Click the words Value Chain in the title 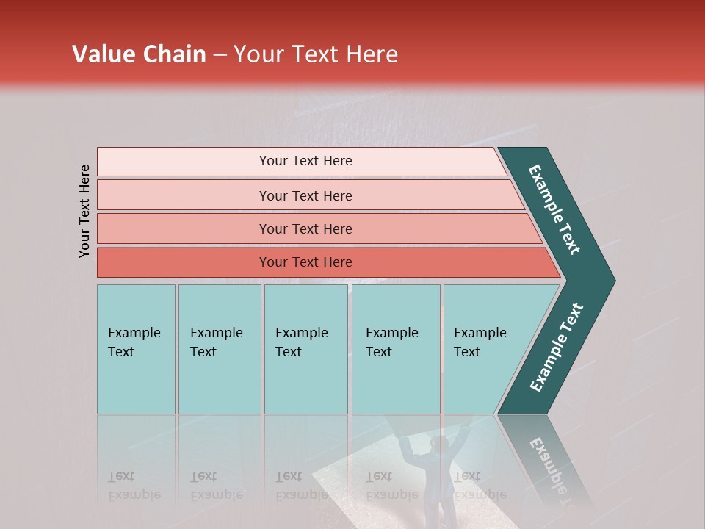(x=139, y=54)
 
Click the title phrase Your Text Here (x=316, y=54)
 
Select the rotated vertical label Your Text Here (x=85, y=211)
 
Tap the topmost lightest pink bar (x=184, y=162)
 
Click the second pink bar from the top (x=184, y=195)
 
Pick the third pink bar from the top (x=184, y=228)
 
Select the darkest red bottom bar (x=184, y=262)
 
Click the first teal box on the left (x=136, y=382)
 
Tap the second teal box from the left (x=220, y=382)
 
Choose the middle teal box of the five (x=305, y=382)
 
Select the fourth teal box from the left (x=396, y=382)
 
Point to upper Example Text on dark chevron (x=555, y=209)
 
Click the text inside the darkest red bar (x=305, y=262)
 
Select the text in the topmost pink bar (x=305, y=161)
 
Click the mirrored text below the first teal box (x=134, y=486)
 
